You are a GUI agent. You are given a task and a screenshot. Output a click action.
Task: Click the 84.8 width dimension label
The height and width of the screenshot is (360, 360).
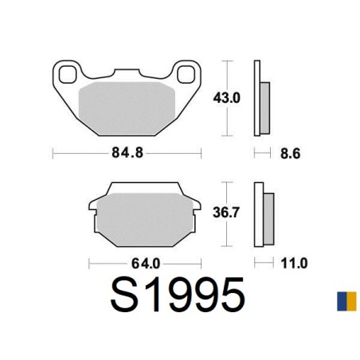pos(127,153)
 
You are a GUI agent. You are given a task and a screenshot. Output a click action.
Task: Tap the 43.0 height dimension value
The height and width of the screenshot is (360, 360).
pos(226,98)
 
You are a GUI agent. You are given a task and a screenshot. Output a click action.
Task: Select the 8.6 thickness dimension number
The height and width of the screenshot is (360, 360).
pos(290,154)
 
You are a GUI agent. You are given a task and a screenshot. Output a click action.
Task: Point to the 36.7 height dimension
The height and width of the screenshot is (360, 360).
pos(226,213)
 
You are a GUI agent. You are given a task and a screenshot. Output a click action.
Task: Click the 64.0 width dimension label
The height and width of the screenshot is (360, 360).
pos(146,264)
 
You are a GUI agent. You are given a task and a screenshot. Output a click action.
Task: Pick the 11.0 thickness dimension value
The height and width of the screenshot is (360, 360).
pos(294,264)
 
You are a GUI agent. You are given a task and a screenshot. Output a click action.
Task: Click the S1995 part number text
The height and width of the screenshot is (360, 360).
pos(178,295)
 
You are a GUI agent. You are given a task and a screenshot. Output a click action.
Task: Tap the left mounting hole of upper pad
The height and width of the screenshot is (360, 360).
pos(68,74)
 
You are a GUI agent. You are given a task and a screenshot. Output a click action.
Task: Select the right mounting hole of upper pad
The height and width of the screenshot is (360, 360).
pos(186,74)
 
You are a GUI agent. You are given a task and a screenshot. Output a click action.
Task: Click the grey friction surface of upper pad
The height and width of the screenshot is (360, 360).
pos(127,108)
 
